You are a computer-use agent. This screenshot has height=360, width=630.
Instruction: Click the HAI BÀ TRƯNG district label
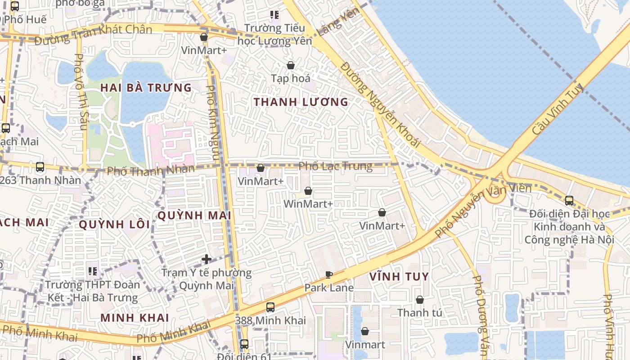pos(146,87)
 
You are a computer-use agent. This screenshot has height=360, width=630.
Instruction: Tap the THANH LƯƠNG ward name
pos(301,102)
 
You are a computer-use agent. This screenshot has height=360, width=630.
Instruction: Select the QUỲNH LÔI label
pos(114,224)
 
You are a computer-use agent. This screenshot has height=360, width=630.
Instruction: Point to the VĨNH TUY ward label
pos(399,276)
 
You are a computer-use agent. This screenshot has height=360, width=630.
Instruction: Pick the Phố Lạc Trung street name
pos(336,166)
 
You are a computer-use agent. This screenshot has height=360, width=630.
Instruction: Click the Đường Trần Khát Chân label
pos(93,34)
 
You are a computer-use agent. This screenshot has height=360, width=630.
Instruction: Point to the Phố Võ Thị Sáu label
pos(80,92)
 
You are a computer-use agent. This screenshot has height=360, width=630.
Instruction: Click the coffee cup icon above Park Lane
pos(329,274)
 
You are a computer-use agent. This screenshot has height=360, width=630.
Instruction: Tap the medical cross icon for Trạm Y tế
pos(207,259)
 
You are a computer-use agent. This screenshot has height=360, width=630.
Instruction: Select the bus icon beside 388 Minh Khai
pos(270,307)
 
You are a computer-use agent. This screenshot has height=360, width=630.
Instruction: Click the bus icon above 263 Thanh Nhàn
pos(40,167)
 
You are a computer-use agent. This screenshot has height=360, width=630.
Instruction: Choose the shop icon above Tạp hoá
pos(291,65)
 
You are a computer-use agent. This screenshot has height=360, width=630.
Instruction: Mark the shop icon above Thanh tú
pos(420,300)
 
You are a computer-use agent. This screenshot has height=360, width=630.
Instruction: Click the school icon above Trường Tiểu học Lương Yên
pos(274,15)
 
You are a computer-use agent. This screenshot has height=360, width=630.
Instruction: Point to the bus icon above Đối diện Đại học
pos(569,201)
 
